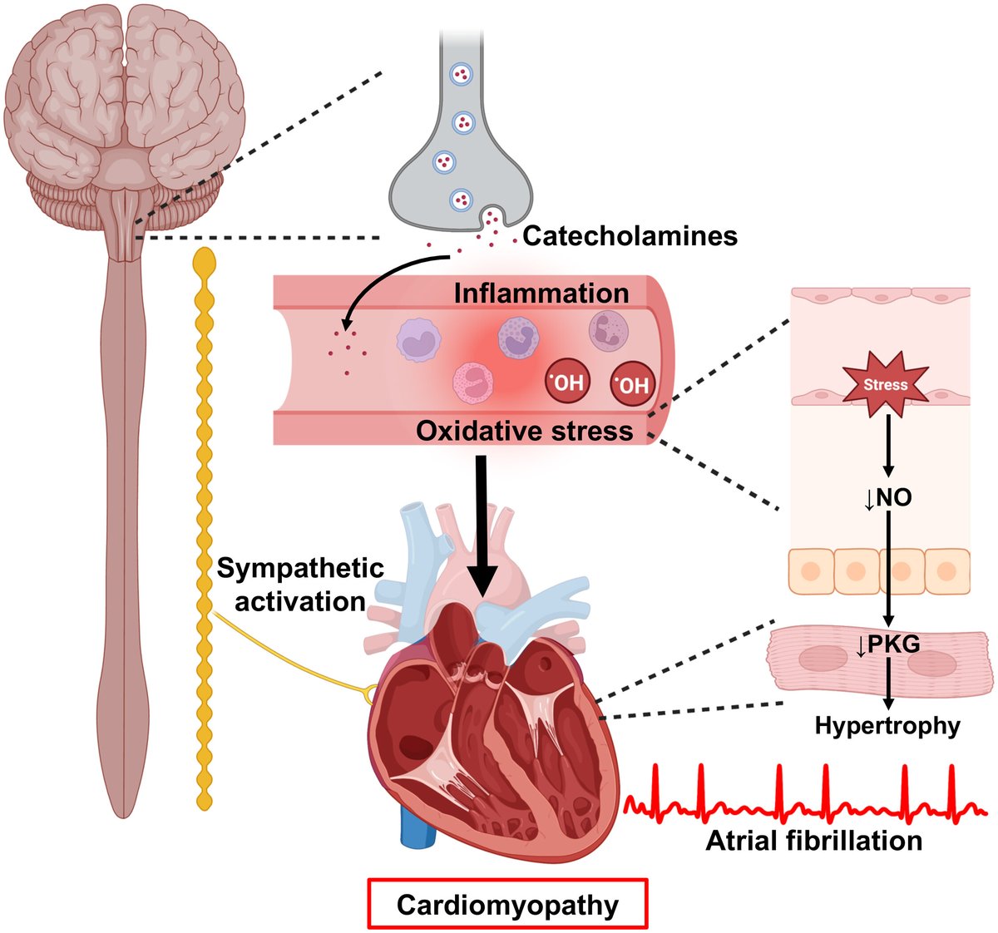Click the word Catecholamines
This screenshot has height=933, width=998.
630,235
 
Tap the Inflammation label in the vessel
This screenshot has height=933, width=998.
541,294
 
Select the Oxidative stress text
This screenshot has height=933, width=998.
524,431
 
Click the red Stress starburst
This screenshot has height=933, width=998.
885,385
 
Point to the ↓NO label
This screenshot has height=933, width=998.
887,498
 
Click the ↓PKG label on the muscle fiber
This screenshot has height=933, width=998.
887,644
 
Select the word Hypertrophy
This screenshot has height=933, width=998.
887,726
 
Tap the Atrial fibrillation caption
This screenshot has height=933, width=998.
813,840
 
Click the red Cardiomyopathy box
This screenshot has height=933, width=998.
507,904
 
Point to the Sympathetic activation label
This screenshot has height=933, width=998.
299,585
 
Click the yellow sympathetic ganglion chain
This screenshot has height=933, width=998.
203,532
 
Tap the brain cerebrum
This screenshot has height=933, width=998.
125,83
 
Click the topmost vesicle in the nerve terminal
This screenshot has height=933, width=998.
461,76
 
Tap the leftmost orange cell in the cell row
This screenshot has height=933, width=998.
811,571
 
